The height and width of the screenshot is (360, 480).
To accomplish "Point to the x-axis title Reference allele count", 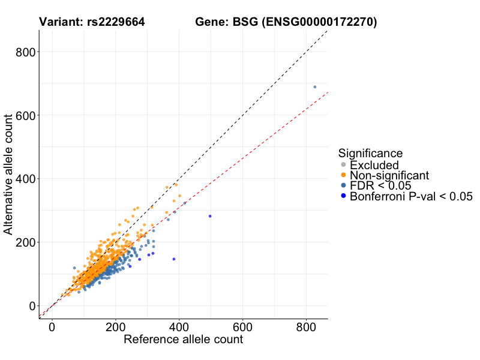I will click(183, 340).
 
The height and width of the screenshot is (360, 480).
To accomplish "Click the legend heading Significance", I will click(370, 153).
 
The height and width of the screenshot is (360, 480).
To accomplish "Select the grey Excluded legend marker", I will click(343, 165).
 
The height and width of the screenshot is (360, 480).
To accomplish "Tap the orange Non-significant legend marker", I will click(343, 175).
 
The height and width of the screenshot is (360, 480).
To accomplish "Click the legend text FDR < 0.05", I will click(380, 185).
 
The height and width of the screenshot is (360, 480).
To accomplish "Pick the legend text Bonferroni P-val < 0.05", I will click(412, 196).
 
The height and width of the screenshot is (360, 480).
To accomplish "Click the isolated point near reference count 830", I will click(314, 87).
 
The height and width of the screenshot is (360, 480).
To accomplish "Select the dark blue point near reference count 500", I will click(210, 216).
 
